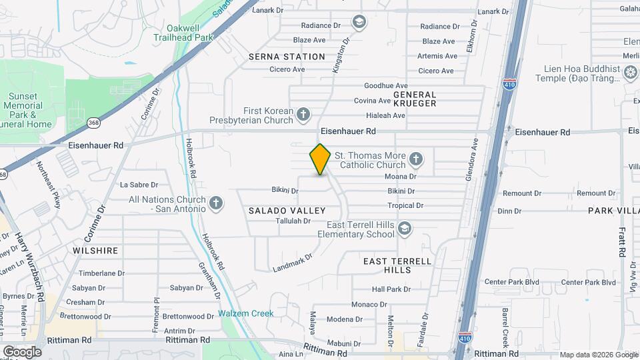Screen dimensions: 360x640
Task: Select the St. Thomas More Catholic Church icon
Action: (x=416, y=159)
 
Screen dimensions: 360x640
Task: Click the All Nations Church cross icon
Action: (x=215, y=203)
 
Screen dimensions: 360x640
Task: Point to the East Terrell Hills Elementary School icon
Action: (x=404, y=230)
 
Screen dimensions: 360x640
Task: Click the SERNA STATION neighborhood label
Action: (x=287, y=57)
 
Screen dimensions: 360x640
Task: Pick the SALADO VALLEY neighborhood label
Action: (x=287, y=211)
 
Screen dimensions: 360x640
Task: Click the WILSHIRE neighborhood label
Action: (x=97, y=251)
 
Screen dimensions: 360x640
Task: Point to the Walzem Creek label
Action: (x=245, y=313)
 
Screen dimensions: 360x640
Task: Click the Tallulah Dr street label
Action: (x=293, y=221)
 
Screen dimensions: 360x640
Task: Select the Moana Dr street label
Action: (x=401, y=177)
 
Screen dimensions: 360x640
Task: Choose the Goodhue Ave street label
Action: (x=385, y=86)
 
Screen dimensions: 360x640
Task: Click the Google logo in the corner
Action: (x=21, y=352)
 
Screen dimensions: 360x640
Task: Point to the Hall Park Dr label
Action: (x=391, y=289)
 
